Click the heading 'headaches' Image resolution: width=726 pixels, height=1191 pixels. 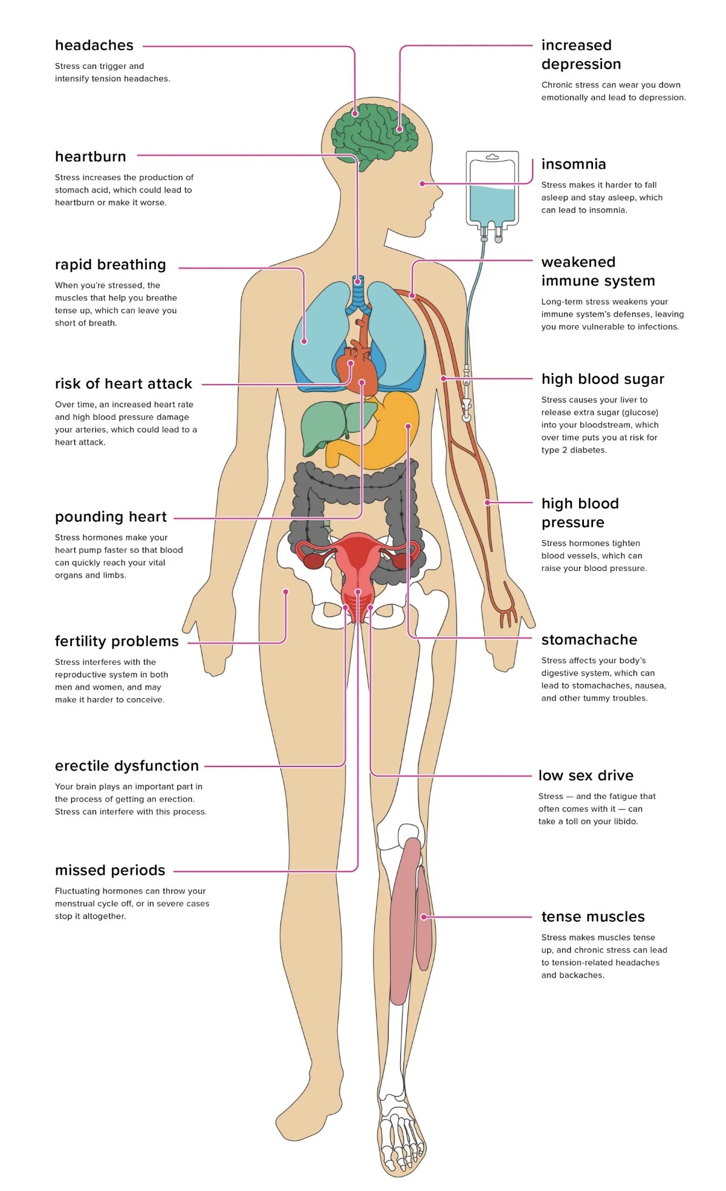(94, 45)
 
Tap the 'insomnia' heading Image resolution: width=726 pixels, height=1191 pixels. (573, 165)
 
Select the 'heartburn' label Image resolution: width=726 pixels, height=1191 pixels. (91, 157)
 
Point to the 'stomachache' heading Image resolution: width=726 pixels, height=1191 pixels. (589, 640)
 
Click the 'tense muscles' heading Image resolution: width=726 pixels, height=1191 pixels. (592, 917)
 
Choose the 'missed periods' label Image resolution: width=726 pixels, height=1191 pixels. (110, 870)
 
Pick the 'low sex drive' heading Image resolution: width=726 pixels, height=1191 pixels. (586, 775)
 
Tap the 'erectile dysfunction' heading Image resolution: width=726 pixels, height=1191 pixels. (126, 766)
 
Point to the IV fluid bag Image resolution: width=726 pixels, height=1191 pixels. (492, 191)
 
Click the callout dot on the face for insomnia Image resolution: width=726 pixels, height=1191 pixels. (422, 183)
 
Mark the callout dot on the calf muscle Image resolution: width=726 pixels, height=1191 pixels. (424, 917)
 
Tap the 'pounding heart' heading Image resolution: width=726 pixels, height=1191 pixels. (111, 517)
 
